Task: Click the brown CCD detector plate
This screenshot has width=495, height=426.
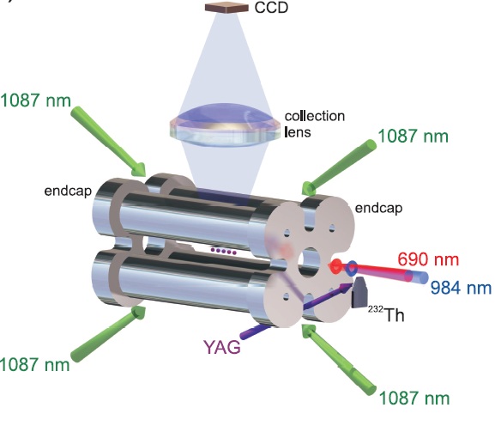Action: (x=226, y=7)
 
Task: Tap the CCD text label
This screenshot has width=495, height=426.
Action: (x=271, y=8)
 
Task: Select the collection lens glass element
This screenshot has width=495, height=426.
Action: (x=225, y=125)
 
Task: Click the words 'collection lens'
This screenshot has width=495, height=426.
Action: (x=315, y=124)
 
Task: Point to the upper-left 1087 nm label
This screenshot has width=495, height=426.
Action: (x=35, y=100)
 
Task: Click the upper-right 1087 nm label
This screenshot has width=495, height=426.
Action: (x=413, y=137)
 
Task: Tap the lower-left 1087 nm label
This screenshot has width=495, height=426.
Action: (x=34, y=364)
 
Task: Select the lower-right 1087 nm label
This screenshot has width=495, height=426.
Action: (x=414, y=398)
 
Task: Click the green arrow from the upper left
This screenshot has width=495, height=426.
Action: (x=109, y=141)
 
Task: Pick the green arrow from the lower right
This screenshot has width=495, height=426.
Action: (x=339, y=359)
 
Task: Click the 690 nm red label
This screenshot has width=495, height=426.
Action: (x=428, y=259)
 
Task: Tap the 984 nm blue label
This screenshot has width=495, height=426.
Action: (x=462, y=288)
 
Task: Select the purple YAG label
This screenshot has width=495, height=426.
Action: (x=222, y=347)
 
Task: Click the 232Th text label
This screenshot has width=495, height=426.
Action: (x=386, y=313)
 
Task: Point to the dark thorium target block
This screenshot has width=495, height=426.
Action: (x=359, y=292)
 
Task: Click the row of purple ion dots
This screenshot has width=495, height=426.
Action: (x=224, y=251)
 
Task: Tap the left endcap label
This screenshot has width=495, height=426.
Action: (x=68, y=191)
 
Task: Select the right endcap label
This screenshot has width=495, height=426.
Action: (x=378, y=208)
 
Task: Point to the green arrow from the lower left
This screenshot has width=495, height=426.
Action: (x=108, y=334)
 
